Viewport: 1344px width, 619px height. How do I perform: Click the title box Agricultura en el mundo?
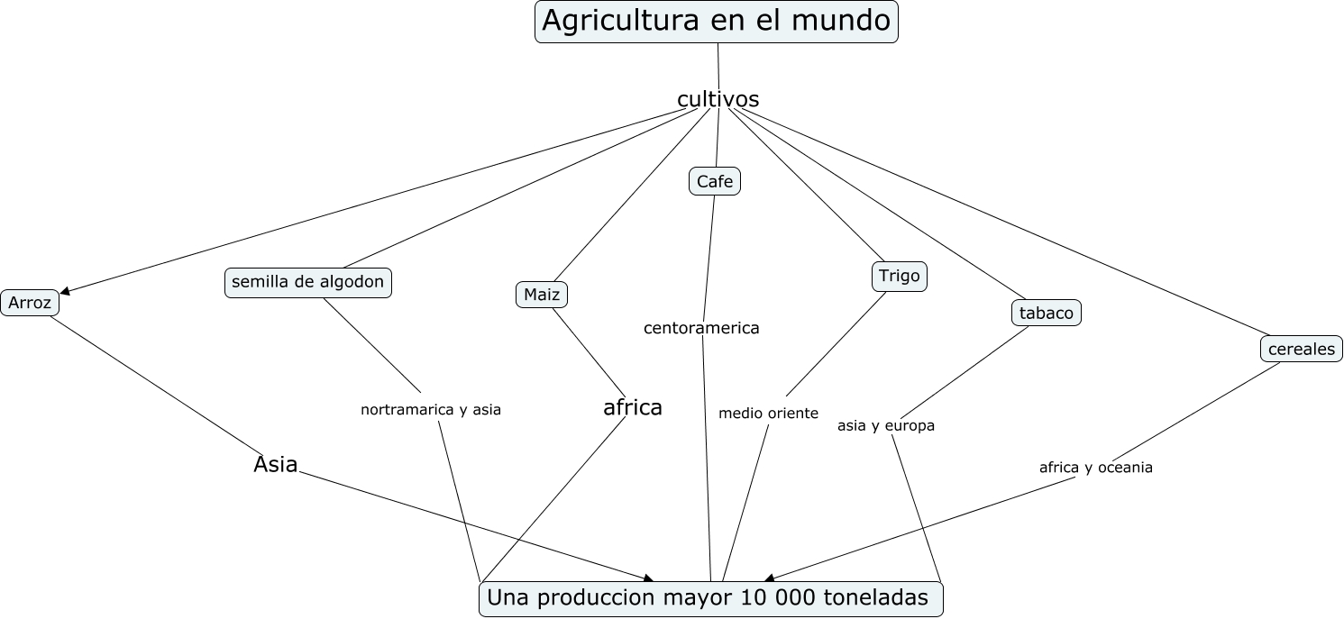click(x=717, y=22)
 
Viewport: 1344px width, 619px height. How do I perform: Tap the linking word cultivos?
click(x=718, y=99)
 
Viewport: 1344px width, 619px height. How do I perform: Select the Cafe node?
click(x=714, y=182)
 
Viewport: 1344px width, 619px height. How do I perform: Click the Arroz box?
click(x=30, y=303)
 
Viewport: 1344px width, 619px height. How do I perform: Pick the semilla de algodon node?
click(x=307, y=282)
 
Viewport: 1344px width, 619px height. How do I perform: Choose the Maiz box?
click(x=542, y=295)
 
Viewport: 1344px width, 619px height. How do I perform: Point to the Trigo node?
click(x=899, y=276)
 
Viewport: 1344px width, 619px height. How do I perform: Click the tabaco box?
click(x=1046, y=313)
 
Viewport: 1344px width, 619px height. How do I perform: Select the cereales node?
click(x=1301, y=349)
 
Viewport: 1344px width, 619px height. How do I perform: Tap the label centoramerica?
click(x=701, y=328)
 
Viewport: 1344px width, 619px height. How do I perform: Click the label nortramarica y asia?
click(x=430, y=409)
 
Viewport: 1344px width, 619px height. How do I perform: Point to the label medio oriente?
click(x=768, y=414)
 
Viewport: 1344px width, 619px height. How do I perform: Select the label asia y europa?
click(x=885, y=425)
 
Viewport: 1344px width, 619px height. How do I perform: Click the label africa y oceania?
click(x=1095, y=468)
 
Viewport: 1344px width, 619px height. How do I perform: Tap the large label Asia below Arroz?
click(x=276, y=465)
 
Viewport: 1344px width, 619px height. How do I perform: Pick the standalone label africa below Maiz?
click(x=633, y=408)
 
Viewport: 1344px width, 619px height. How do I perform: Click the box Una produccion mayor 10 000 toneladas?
click(x=710, y=598)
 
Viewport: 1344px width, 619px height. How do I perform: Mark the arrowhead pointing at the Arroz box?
click(x=64, y=291)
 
